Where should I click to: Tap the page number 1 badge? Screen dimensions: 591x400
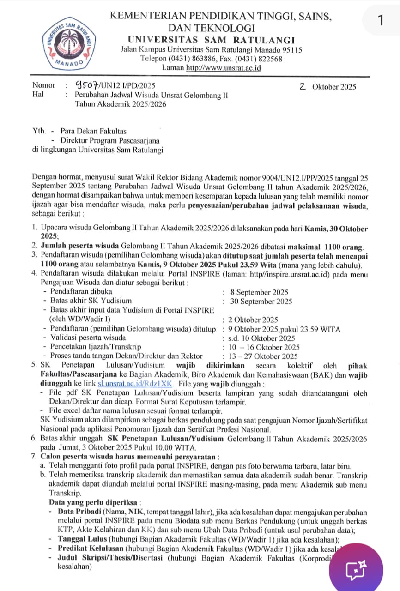(380, 21)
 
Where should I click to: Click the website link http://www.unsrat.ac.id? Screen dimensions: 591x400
(224, 68)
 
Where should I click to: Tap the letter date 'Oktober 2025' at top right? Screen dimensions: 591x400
(334, 86)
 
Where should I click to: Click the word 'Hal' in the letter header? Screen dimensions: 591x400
(38, 95)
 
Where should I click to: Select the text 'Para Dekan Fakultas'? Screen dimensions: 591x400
(93, 131)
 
